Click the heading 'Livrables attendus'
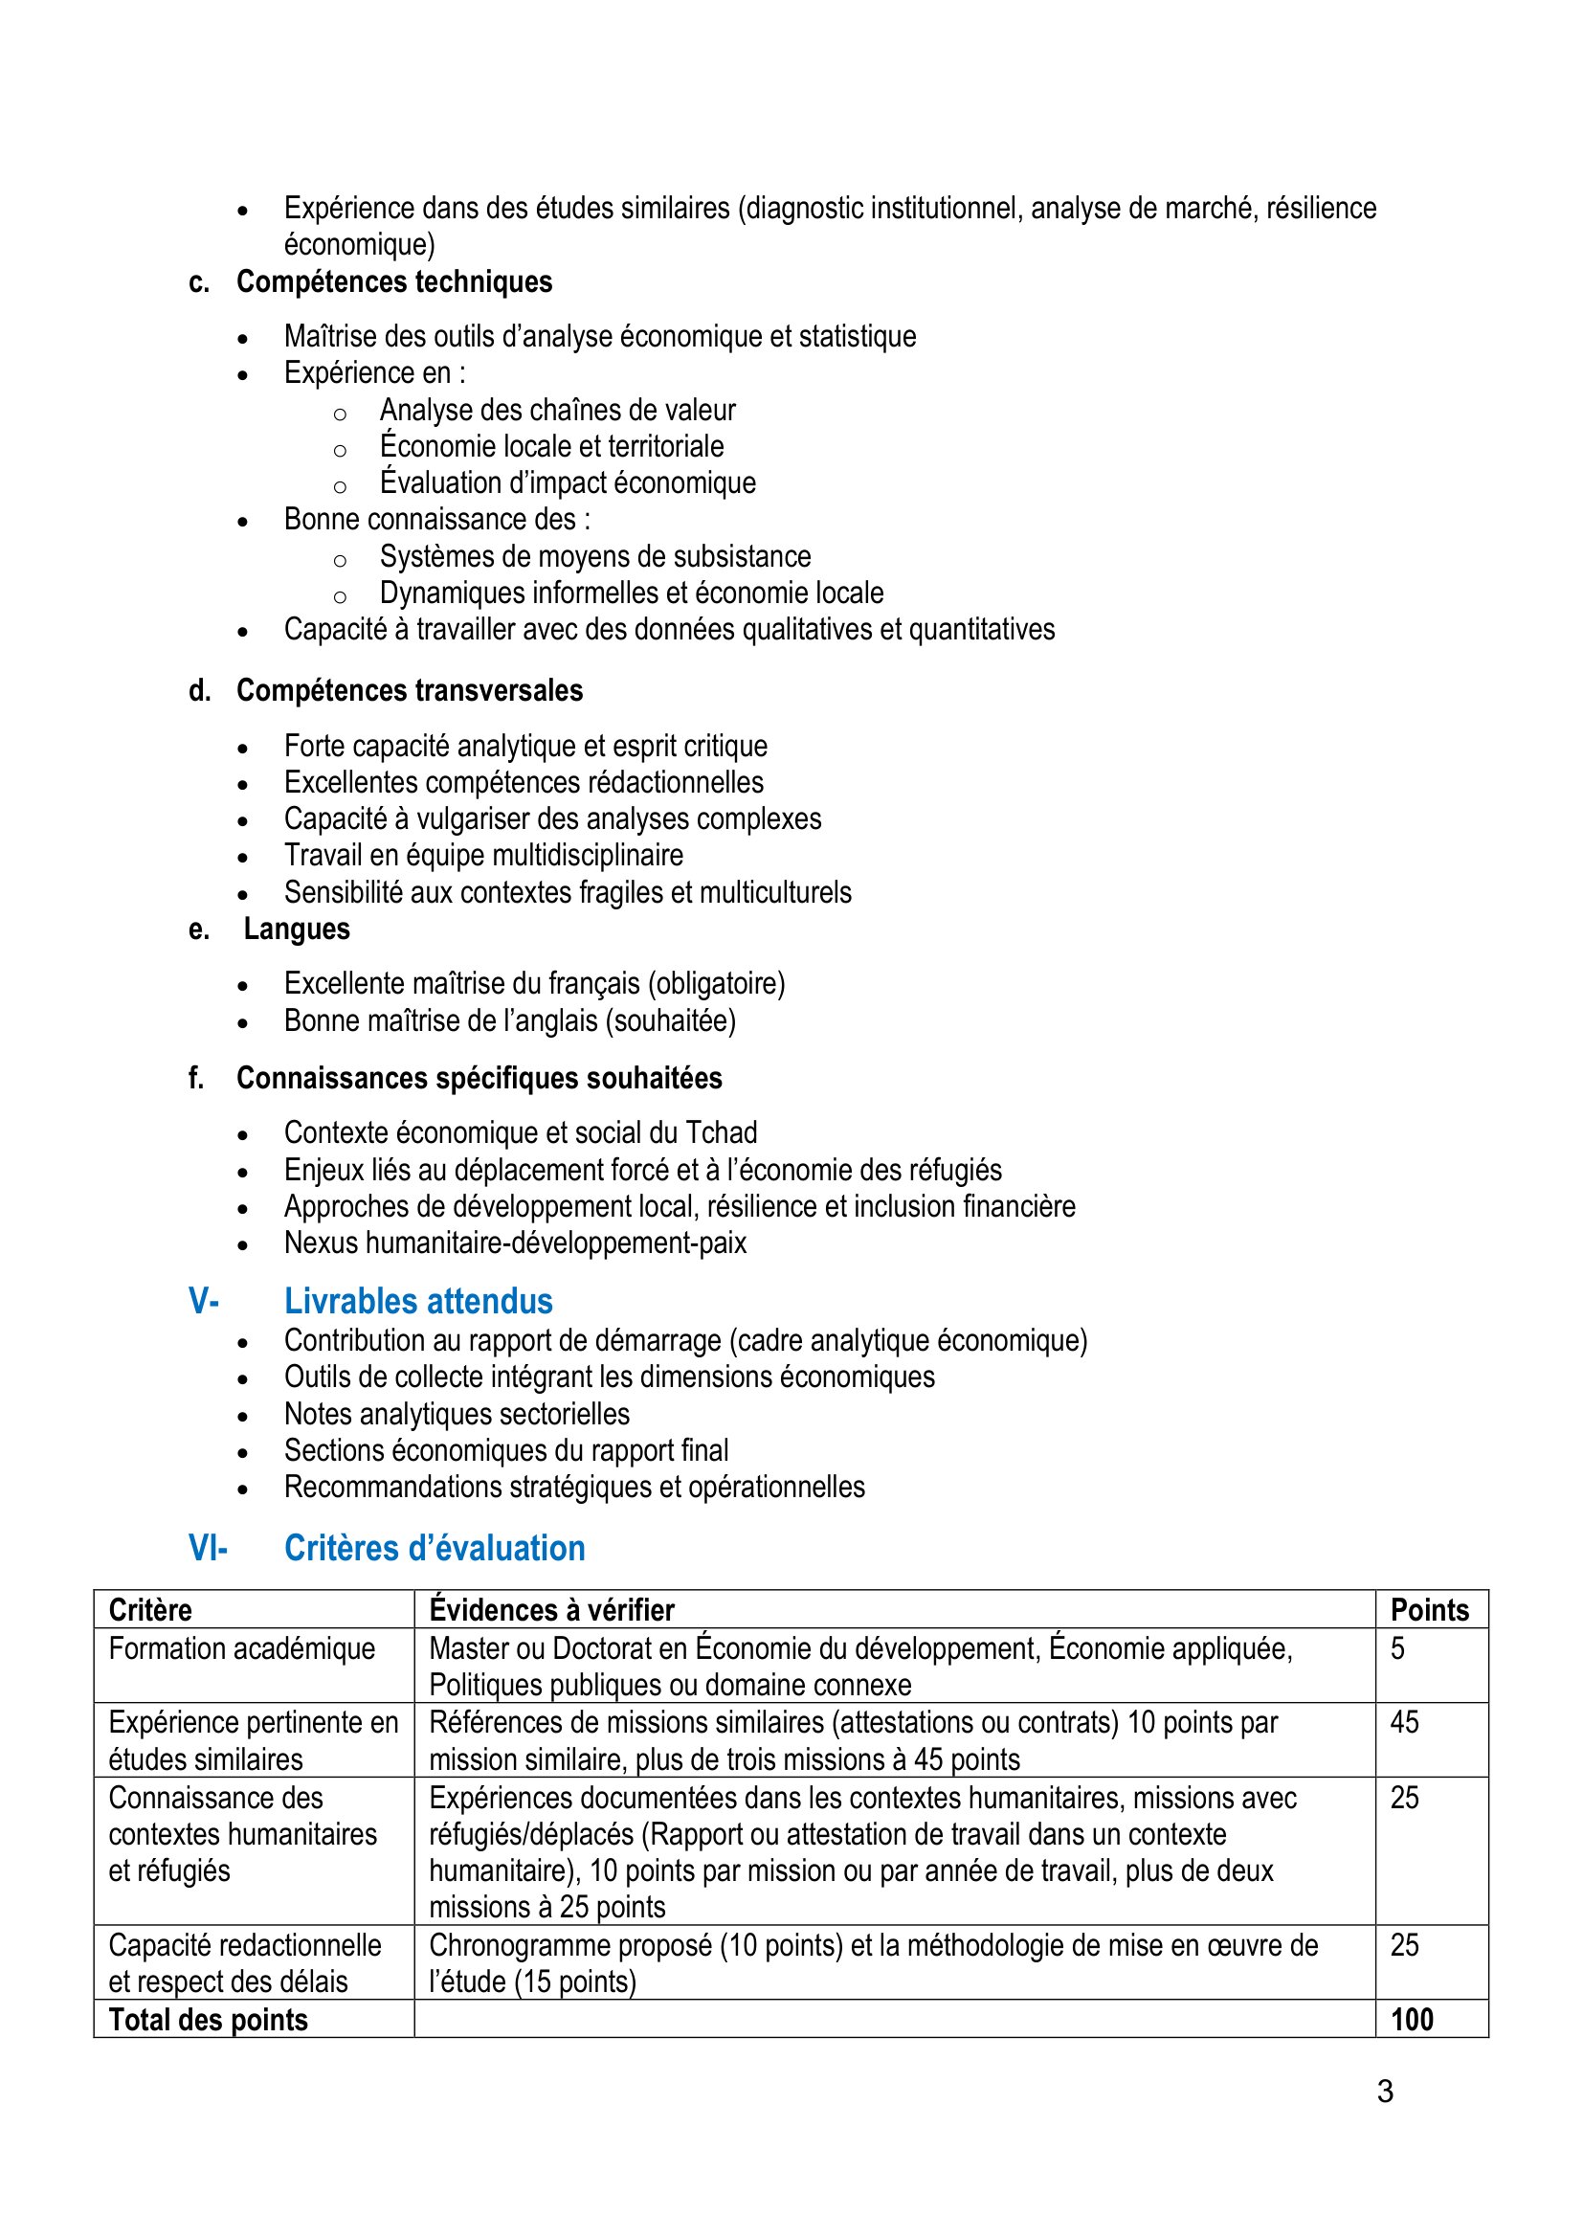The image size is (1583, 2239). click(418, 1301)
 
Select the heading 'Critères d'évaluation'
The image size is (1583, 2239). click(434, 1548)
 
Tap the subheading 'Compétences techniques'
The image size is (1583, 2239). click(393, 281)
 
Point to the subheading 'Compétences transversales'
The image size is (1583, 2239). click(410, 690)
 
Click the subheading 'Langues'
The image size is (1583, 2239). click(297, 929)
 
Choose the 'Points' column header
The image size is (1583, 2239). click(1429, 1609)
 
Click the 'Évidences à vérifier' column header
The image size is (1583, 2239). click(551, 1609)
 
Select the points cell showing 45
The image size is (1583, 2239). click(1404, 1722)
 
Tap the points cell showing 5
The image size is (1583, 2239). click(1396, 1648)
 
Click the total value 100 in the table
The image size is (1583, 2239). click(1412, 2019)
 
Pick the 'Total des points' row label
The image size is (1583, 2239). click(208, 2019)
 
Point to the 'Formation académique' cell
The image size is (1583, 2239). click(242, 1648)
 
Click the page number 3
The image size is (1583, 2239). click(1385, 2091)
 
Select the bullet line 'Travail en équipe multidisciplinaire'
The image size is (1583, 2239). click(483, 855)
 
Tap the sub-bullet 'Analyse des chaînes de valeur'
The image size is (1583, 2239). click(558, 410)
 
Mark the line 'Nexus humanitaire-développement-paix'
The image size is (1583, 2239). click(515, 1243)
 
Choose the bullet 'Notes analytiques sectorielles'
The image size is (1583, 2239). click(457, 1413)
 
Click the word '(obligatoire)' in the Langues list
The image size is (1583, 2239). click(717, 983)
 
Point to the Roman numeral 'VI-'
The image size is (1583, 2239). click(208, 1548)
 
